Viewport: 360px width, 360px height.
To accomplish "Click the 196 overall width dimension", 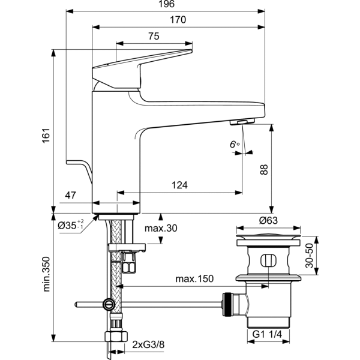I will coord(164,5).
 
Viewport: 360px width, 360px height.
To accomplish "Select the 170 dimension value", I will coord(178,20).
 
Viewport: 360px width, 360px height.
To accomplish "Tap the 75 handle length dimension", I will coord(153,36).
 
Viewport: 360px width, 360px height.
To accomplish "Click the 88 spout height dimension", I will coord(263,170).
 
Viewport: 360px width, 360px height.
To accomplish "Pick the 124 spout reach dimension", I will coord(179,186).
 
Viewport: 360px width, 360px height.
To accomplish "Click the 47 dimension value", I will coord(71,195).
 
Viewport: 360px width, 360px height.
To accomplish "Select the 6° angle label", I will coord(233,145).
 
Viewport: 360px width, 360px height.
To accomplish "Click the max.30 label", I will coord(161,229).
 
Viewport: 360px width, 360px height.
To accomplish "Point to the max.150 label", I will coord(194,279).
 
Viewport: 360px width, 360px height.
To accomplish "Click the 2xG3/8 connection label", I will coord(149,344).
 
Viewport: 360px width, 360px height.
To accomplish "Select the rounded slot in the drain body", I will coord(268,262).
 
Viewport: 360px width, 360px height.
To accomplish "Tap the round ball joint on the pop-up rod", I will coord(108,304).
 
